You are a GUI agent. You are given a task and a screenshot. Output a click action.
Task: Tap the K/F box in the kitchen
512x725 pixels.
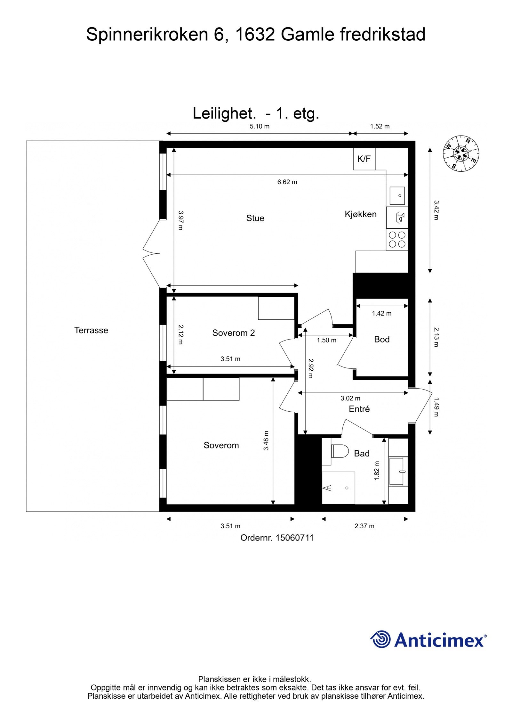click(x=364, y=159)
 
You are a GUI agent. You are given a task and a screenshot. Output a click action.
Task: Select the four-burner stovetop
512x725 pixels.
click(x=397, y=240)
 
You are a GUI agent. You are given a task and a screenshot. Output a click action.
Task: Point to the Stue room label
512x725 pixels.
click(x=255, y=218)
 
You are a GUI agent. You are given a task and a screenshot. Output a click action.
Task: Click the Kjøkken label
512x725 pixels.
click(x=360, y=214)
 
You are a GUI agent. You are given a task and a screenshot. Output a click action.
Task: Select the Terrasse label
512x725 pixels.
click(x=91, y=330)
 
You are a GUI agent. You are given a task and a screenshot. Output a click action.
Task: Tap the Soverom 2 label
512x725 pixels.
click(x=234, y=333)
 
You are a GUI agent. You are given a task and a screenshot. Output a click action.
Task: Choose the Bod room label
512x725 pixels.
click(x=382, y=339)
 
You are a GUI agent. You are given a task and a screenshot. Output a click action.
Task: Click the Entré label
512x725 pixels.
click(x=359, y=409)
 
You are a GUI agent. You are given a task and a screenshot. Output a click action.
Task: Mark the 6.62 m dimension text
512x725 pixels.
click(x=287, y=182)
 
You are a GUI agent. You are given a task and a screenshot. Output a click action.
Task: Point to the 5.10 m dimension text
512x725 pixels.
click(x=260, y=126)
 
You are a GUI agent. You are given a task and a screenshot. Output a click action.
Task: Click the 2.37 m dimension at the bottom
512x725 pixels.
click(x=364, y=526)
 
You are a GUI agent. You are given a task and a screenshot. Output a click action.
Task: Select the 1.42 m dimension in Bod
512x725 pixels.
click(x=381, y=313)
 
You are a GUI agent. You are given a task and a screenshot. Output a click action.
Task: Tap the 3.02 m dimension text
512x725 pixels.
click(x=350, y=398)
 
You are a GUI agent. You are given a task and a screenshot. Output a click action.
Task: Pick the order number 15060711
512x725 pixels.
click(x=294, y=538)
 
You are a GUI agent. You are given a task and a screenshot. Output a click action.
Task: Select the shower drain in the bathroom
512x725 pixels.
click(x=347, y=488)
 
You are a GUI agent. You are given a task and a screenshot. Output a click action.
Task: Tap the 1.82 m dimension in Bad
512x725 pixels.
click(x=377, y=470)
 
